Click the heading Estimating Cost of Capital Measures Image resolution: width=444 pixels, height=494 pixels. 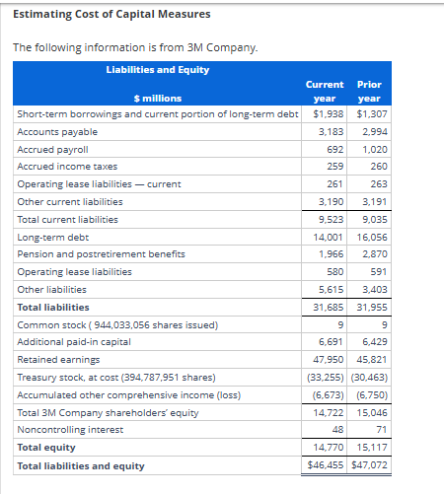(x=98, y=14)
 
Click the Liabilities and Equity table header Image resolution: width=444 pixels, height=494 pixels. (x=157, y=69)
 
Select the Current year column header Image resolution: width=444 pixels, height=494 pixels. (x=326, y=92)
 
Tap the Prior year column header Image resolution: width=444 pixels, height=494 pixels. (x=369, y=92)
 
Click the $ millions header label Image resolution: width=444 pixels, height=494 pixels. (x=157, y=99)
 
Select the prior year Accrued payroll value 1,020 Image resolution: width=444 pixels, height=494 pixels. (x=372, y=149)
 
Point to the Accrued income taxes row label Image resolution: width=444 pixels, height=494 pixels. (x=67, y=167)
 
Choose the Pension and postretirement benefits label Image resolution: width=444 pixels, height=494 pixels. (x=101, y=254)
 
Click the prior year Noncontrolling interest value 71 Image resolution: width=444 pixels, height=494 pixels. (x=380, y=430)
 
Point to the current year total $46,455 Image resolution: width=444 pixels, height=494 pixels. (x=325, y=465)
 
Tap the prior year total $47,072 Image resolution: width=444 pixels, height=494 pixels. (x=369, y=465)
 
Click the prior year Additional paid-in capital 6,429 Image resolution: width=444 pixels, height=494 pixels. (x=372, y=342)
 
